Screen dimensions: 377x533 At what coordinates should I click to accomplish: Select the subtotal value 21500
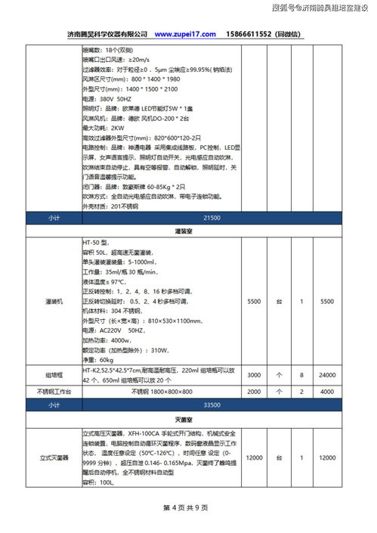click(x=212, y=217)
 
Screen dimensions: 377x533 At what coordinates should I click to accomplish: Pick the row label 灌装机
click(x=53, y=301)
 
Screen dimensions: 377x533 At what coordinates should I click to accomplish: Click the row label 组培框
click(x=53, y=375)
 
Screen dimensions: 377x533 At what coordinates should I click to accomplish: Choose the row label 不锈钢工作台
click(x=53, y=392)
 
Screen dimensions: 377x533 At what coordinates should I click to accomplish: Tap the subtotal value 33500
click(x=212, y=404)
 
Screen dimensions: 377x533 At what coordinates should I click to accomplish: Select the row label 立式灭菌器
click(x=53, y=458)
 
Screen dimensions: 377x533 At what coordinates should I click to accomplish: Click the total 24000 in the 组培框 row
click(x=326, y=375)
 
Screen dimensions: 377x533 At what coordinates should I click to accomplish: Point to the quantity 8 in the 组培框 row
click(x=301, y=375)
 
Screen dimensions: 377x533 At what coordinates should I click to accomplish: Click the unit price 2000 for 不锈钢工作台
click(x=254, y=392)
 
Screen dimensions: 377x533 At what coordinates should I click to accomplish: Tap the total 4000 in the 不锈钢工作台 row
click(x=326, y=392)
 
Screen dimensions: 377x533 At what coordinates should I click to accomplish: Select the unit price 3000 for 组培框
click(x=254, y=375)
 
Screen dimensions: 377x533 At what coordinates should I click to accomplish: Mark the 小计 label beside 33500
click(x=53, y=404)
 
